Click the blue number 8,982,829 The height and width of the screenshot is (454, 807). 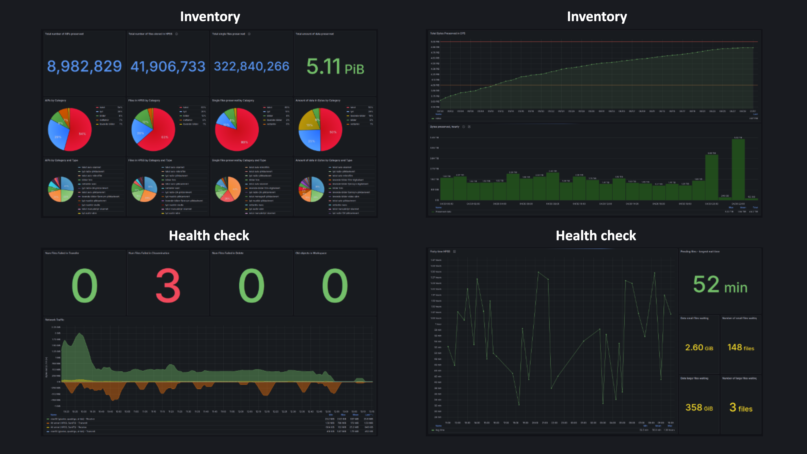point(84,66)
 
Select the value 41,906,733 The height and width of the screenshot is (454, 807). point(168,66)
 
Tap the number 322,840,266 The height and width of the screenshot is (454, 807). point(251,66)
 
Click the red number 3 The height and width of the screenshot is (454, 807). point(168,285)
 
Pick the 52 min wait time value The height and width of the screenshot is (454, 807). point(720,285)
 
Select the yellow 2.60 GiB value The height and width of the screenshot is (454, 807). point(699,347)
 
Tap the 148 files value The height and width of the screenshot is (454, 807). point(741,347)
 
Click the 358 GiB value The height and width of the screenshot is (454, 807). point(699,408)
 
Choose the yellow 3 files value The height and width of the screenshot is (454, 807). point(741,408)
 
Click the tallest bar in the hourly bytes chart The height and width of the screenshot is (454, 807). point(738,169)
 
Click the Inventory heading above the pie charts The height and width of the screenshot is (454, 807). point(210,16)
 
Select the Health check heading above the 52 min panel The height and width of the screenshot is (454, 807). point(596,236)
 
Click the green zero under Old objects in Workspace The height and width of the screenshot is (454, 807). point(335,285)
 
